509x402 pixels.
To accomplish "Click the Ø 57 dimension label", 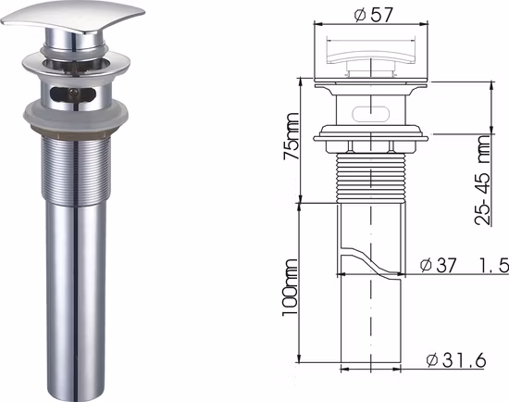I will pyautogui.click(x=370, y=15).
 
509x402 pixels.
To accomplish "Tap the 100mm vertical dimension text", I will pyautogui.click(x=292, y=287).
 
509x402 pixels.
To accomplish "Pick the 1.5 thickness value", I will pyautogui.click(x=493, y=266).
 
